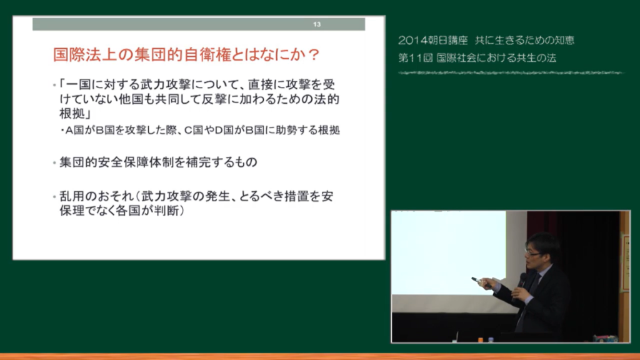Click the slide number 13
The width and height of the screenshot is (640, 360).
pos(317,24)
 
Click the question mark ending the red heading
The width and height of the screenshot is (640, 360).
pos(314,55)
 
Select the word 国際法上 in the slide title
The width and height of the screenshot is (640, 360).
pos(85,55)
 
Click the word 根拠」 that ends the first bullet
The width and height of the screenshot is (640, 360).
pos(75,114)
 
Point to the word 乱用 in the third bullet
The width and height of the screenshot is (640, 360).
pos(72,196)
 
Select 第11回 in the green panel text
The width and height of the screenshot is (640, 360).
pos(415,58)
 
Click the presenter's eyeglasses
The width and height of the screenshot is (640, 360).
pos(533,254)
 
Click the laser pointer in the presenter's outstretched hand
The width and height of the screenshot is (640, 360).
pos(477,279)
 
